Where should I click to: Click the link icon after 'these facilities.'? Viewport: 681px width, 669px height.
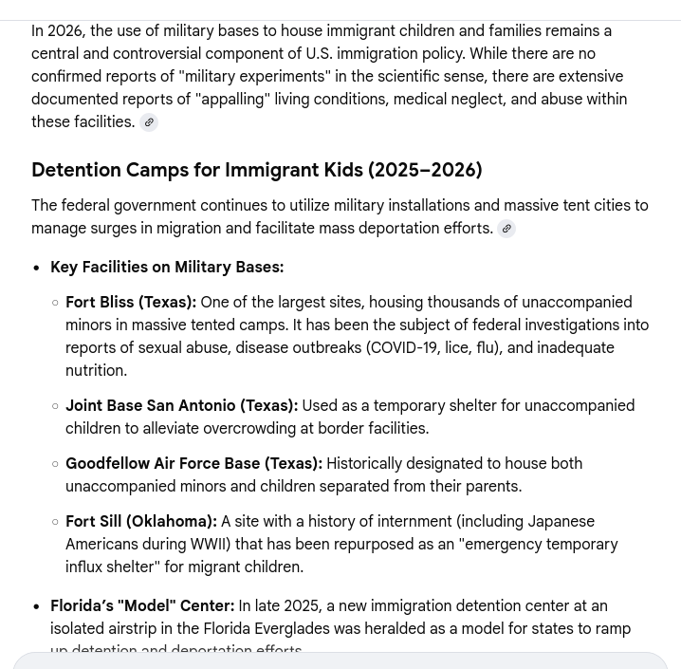coord(149,122)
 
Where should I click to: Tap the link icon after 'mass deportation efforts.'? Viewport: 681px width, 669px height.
coord(506,229)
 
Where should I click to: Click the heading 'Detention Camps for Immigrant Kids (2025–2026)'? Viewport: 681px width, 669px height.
coord(256,170)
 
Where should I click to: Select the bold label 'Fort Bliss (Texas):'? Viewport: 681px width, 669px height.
coord(131,302)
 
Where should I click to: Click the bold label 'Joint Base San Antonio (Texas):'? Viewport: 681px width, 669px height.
coord(181,405)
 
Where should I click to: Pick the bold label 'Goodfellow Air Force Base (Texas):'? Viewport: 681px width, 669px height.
coord(193,463)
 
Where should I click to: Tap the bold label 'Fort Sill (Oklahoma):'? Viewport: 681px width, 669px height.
coord(141,521)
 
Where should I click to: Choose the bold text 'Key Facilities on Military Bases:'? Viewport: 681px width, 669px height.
coord(167,268)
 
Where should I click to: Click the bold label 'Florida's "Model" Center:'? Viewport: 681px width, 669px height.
coord(142,605)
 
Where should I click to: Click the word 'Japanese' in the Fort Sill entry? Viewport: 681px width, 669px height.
coord(562,521)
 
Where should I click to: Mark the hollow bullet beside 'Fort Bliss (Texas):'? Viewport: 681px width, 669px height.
coord(55,303)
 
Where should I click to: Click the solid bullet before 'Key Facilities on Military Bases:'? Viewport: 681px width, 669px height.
coord(37,269)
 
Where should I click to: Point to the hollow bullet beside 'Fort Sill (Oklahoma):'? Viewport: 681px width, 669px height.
coord(55,522)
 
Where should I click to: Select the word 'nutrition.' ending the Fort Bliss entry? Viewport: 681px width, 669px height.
coord(96,370)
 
